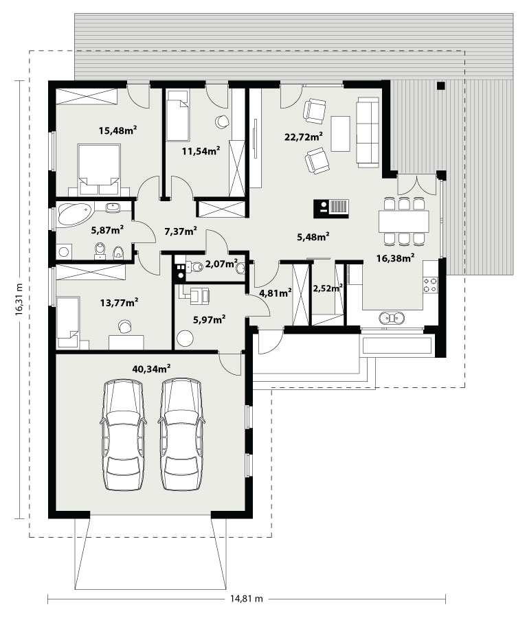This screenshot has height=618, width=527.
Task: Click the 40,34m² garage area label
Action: tap(151, 369)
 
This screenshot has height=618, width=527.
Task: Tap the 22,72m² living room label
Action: tap(304, 137)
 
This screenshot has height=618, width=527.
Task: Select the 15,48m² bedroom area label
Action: tap(117, 130)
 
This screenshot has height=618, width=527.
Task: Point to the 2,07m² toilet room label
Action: tap(221, 264)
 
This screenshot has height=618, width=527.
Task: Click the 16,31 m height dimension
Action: tap(19, 299)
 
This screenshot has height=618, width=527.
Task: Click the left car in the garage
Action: tap(123, 435)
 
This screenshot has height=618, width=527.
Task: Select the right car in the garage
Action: tap(182, 435)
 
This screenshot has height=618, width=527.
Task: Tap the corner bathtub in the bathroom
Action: tap(74, 214)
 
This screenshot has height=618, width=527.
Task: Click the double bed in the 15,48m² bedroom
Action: tap(100, 170)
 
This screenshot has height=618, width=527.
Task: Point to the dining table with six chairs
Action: tap(403, 221)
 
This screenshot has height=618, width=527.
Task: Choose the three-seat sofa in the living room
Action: tap(368, 132)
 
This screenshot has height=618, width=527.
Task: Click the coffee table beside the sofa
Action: tap(340, 134)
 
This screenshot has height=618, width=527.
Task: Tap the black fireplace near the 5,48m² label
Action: tap(331, 209)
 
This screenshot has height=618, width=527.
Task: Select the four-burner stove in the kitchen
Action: tap(430, 285)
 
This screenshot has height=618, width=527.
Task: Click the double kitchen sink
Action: tap(392, 318)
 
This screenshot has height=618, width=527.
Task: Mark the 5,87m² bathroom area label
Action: tap(108, 230)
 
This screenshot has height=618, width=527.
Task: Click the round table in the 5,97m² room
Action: tap(186, 338)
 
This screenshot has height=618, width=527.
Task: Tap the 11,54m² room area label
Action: tap(201, 150)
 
